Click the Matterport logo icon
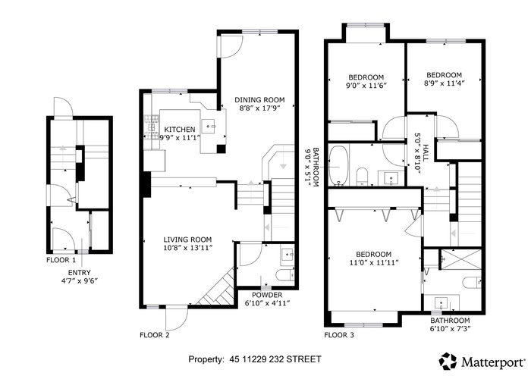point(448,362)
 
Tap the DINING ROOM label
point(259,100)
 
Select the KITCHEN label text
point(180,130)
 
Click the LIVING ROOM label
point(187,240)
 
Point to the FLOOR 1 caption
point(61,260)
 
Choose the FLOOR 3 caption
point(339,335)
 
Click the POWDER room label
point(267,295)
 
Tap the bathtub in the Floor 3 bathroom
point(338,165)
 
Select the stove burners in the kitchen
point(152,127)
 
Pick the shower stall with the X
point(461,259)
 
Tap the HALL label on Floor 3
point(426,153)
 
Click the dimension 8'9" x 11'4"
point(444,83)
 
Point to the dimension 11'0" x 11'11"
point(373,262)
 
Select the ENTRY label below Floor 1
point(79,272)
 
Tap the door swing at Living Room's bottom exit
point(177,318)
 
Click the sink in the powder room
point(287,253)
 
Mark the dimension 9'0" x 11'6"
point(366,85)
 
